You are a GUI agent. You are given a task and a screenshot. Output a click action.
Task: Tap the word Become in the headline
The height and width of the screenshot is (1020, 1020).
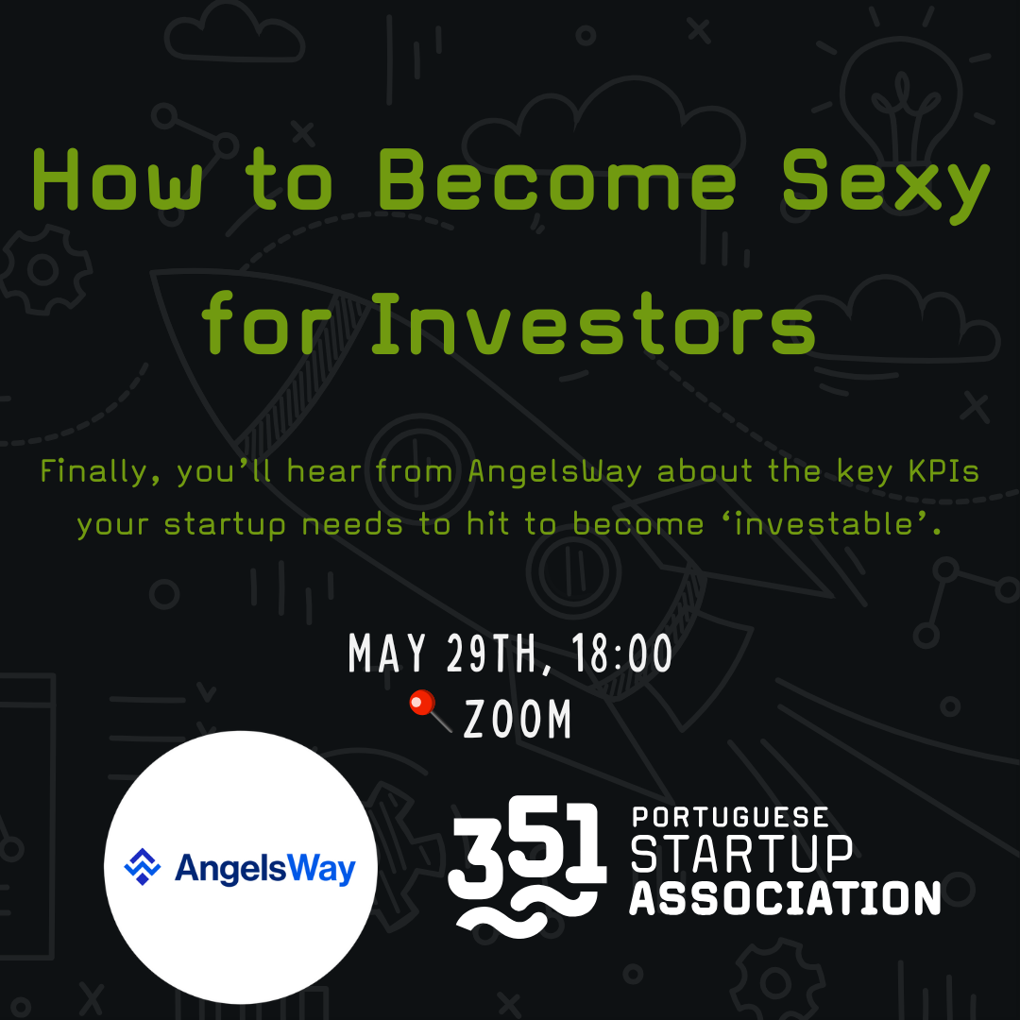pyautogui.click(x=557, y=180)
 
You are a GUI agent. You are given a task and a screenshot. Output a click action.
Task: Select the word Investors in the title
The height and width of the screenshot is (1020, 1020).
pyautogui.click(x=592, y=323)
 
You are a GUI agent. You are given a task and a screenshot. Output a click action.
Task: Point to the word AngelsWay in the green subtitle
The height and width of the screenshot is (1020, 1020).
pyautogui.click(x=555, y=472)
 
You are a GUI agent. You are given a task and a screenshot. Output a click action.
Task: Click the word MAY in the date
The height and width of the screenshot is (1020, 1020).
pyautogui.click(x=387, y=654)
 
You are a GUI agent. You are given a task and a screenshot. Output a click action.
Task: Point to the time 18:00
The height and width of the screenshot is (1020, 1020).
pyautogui.click(x=621, y=654)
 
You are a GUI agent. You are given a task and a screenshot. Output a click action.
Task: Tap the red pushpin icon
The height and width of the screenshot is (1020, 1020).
pyautogui.click(x=430, y=710)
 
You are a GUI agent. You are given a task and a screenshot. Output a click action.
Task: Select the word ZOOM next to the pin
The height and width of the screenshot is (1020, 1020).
pyautogui.click(x=518, y=719)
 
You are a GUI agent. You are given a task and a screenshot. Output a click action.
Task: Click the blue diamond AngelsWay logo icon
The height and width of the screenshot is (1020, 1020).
pyautogui.click(x=142, y=866)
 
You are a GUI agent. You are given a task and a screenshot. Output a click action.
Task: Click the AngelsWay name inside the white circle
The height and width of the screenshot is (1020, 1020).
pyautogui.click(x=264, y=869)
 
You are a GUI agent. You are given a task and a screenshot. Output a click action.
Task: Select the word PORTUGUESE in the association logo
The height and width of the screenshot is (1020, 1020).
pyautogui.click(x=730, y=816)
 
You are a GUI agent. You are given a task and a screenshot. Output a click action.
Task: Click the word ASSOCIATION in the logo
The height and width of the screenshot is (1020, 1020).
pyautogui.click(x=785, y=898)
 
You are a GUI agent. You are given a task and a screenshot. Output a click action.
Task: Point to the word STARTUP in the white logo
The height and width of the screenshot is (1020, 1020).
pyautogui.click(x=741, y=854)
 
